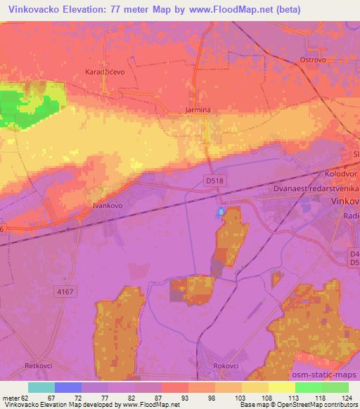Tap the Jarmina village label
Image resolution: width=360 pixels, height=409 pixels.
pos(198,110)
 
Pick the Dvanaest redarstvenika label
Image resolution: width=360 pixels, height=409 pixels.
pos(316,189)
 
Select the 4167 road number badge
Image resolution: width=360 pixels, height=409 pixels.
pos(66,291)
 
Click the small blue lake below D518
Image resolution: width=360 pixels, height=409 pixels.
pos(221,211)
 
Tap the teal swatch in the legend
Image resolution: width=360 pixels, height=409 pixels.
pos(41,387)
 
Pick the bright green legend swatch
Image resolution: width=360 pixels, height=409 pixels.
pos(308,387)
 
